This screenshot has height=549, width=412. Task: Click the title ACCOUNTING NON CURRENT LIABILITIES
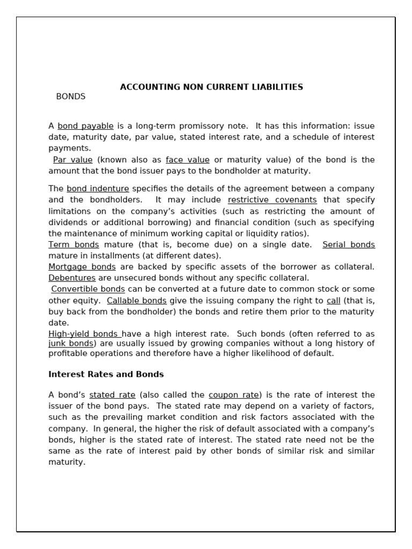pyautogui.click(x=211, y=87)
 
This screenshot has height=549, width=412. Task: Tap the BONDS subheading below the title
pyautogui.click(x=71, y=97)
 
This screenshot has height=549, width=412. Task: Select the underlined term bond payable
pyautogui.click(x=85, y=126)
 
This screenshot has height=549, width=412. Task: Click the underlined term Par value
pyautogui.click(x=73, y=160)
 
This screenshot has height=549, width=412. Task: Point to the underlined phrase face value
pyautogui.click(x=187, y=160)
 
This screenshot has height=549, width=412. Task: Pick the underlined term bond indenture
pyautogui.click(x=98, y=189)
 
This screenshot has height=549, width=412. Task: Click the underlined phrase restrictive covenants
pyautogui.click(x=272, y=200)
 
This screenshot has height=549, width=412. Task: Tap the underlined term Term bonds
pyautogui.click(x=73, y=244)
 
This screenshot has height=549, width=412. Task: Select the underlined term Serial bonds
pyautogui.click(x=348, y=244)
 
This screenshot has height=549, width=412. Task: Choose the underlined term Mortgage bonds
pyautogui.click(x=82, y=266)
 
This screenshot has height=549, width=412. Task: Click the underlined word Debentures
pyautogui.click(x=72, y=278)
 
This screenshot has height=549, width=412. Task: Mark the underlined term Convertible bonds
pyautogui.click(x=88, y=289)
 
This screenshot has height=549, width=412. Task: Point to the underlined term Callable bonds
pyautogui.click(x=137, y=300)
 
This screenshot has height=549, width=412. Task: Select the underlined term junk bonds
pyautogui.click(x=72, y=343)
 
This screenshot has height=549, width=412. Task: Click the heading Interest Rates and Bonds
pyautogui.click(x=106, y=374)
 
